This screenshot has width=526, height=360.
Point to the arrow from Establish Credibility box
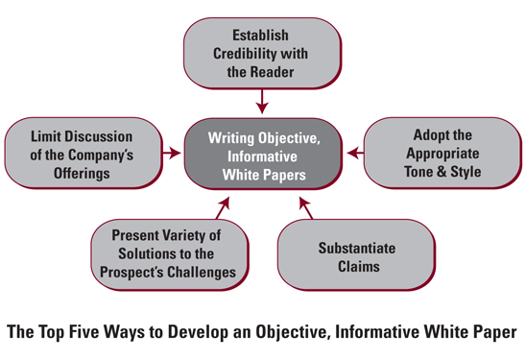pyautogui.click(x=263, y=99)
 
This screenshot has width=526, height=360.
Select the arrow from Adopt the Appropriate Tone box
pyautogui.click(x=354, y=152)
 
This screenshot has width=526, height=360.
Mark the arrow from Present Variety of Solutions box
pyautogui.click(x=222, y=205)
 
